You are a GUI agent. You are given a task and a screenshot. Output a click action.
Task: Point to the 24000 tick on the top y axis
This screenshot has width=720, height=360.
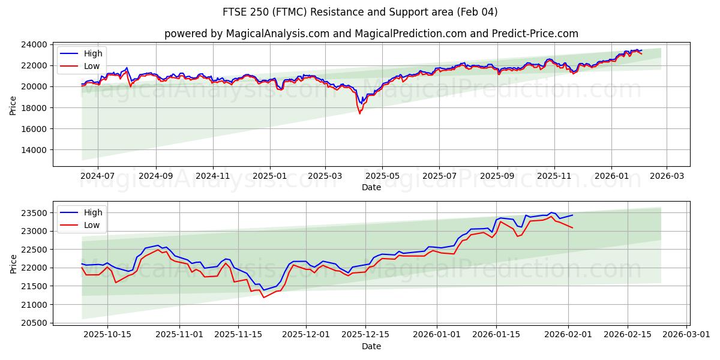(35, 44)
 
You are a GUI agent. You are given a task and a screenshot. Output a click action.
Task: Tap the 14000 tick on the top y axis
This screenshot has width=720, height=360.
(35, 150)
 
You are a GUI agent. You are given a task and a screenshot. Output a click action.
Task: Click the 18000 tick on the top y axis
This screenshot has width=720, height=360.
(35, 108)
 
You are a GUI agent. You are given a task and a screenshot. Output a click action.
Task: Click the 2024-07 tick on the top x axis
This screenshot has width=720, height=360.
(97, 177)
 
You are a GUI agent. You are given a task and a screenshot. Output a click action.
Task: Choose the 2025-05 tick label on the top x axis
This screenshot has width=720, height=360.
(382, 177)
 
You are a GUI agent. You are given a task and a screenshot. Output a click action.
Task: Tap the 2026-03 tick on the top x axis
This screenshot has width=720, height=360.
(667, 177)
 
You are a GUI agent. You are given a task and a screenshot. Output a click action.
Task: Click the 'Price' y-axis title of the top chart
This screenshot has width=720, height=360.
(13, 105)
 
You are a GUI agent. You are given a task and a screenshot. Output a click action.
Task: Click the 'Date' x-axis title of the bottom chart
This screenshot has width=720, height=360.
(371, 346)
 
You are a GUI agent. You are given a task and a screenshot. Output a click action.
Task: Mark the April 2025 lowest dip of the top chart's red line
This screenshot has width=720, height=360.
(359, 113)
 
